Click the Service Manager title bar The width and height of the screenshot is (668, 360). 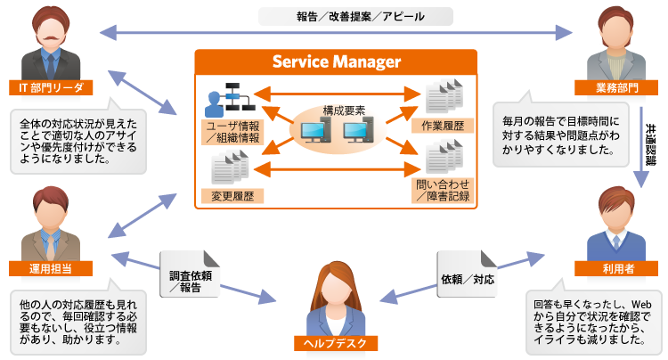(x=336, y=62)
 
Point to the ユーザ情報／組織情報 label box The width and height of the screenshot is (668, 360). (x=231, y=131)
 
